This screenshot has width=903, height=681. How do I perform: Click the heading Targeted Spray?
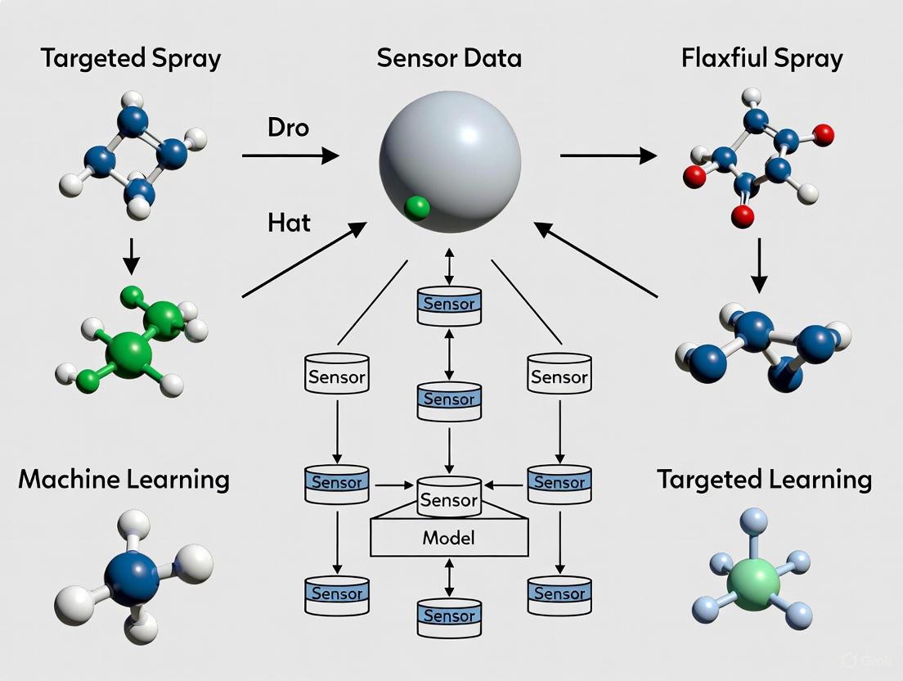coord(131,59)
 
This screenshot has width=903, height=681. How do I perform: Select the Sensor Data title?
coord(449,59)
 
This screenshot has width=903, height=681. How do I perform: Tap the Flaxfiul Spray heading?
coord(761,59)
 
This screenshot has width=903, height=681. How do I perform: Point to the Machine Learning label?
coord(124,479)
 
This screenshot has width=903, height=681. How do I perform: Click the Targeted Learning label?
coord(764,479)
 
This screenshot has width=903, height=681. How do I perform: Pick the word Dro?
coord(288,128)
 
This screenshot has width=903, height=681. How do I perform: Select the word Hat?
coord(289,222)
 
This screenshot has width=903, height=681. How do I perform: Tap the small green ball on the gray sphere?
coord(417,208)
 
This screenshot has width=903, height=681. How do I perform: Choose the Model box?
coord(449,538)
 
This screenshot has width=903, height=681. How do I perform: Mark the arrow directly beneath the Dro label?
coord(290,155)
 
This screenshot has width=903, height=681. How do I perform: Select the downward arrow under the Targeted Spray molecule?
coord(131,256)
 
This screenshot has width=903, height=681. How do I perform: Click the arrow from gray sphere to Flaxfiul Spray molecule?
coord(609,155)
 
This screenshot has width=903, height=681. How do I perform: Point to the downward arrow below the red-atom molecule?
coord(759,265)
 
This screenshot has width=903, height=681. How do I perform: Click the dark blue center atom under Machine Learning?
coord(132,578)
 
